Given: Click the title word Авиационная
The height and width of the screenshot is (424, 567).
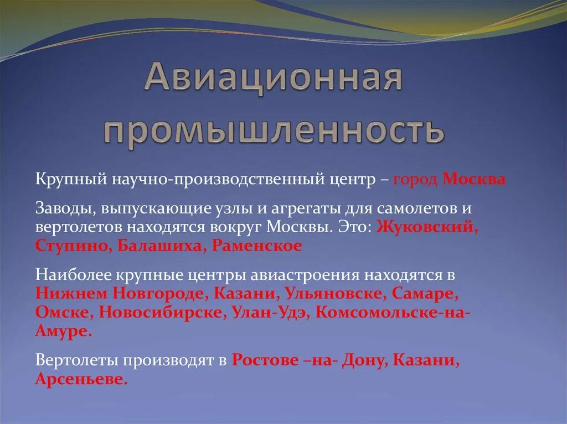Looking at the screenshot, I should tap(273, 78).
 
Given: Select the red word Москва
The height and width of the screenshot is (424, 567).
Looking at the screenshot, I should tap(474, 180).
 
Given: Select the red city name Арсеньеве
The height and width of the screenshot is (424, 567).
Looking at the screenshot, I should tap(81, 379).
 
